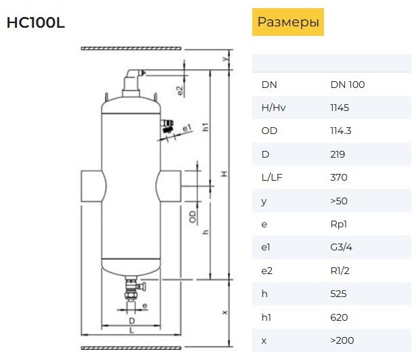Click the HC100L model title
pyautogui.click(x=35, y=22)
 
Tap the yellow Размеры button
pyautogui.click(x=288, y=22)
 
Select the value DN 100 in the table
pyautogui.click(x=348, y=85)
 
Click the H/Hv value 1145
pyautogui.click(x=340, y=108)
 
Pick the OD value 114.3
pyautogui.click(x=341, y=131)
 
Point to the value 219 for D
pyautogui.click(x=338, y=154)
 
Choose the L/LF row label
pyautogui.click(x=272, y=177)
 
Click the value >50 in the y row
pyautogui.click(x=339, y=201)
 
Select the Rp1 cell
pyautogui.click(x=339, y=224)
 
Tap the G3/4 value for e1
pyautogui.click(x=341, y=247)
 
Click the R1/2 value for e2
pyautogui.click(x=340, y=271)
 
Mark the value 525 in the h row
pyautogui.click(x=338, y=294)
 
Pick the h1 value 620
pyautogui.click(x=339, y=317)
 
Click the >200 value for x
pyautogui.click(x=342, y=340)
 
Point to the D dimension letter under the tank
pyautogui.click(x=132, y=321)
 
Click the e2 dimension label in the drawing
pyautogui.click(x=180, y=91)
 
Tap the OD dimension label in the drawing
pyautogui.click(x=192, y=217)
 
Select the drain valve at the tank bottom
pyautogui.click(x=133, y=290)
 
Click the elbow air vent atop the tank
pyautogui.click(x=132, y=83)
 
